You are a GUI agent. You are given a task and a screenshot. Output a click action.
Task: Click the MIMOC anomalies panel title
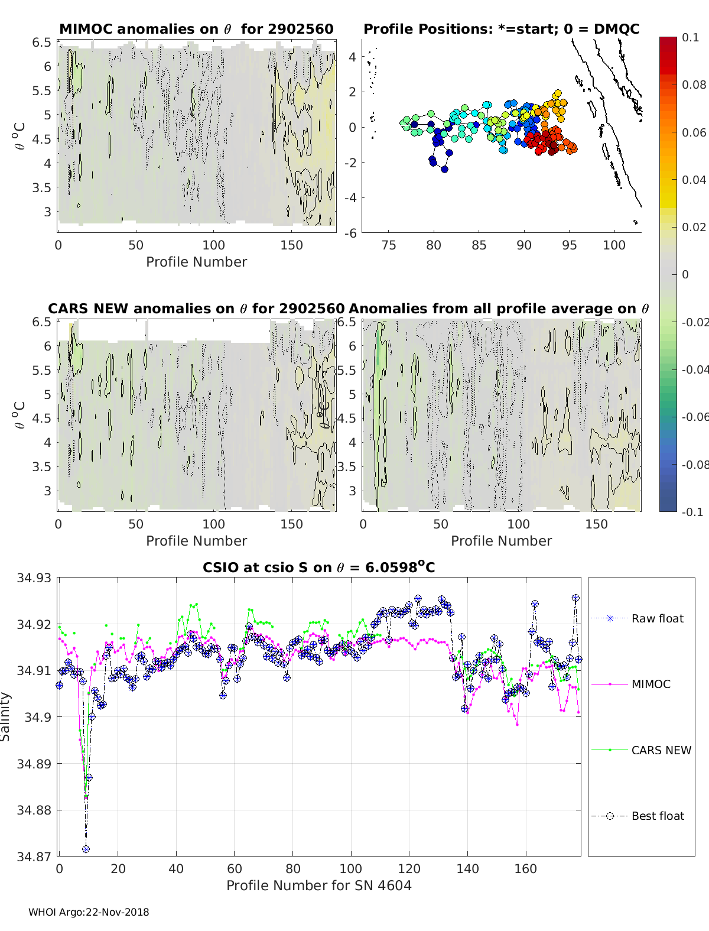coord(196,29)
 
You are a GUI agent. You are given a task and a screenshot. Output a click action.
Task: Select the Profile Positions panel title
coord(501,29)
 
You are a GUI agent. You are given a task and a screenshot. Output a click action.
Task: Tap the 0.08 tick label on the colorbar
coord(694,85)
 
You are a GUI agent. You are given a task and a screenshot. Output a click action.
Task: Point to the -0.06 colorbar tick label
coord(695,417)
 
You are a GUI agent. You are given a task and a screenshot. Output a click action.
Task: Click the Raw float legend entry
coord(657,618)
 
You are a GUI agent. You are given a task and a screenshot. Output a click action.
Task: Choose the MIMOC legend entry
coord(651,684)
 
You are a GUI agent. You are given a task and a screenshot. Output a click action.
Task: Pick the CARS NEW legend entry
coord(661,750)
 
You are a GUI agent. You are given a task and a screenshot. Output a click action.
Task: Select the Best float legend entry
coord(657,816)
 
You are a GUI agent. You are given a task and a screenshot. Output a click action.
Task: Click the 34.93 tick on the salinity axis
coord(34,578)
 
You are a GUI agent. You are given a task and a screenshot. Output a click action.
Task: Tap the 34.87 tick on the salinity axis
coord(34,857)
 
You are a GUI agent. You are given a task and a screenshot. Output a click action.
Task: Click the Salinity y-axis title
coord(5,717)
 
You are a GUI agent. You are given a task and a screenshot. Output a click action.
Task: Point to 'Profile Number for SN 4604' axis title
coord(318,885)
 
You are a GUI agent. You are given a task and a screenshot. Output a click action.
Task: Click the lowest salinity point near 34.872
coord(86,849)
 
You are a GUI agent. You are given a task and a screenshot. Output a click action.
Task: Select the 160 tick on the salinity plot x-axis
coord(525,868)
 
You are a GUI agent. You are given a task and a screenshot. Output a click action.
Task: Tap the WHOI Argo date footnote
coord(89,912)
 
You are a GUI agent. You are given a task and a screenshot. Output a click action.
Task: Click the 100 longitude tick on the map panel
coord(614,245)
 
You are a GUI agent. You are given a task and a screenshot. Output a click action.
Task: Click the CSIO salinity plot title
coord(318,567)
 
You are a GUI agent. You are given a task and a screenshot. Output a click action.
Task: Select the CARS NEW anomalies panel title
coord(196,309)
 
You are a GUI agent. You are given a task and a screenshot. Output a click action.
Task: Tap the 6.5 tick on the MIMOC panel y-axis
coord(42,42)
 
